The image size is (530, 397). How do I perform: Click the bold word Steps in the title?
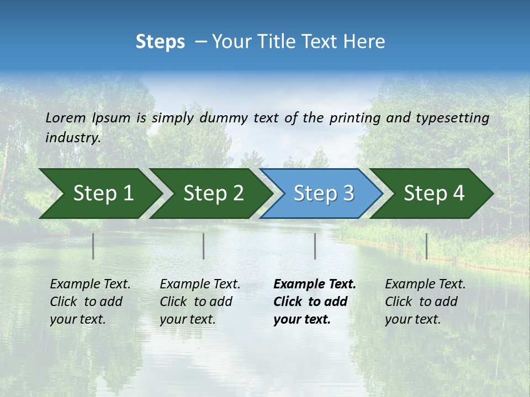tap(160, 42)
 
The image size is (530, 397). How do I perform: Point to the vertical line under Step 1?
tap(93, 246)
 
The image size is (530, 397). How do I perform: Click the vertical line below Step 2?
tap(204, 246)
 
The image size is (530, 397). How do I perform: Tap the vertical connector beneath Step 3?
tap(315, 246)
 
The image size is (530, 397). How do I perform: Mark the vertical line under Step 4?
tap(427, 246)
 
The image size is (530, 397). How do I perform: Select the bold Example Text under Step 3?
tap(315, 285)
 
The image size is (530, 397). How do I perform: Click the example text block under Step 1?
tap(90, 302)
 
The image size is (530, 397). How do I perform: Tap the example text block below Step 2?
tap(200, 302)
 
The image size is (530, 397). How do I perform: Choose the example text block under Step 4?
tap(425, 302)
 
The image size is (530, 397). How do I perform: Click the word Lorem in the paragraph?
tap(66, 117)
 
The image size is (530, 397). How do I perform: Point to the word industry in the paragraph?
tap(73, 138)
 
